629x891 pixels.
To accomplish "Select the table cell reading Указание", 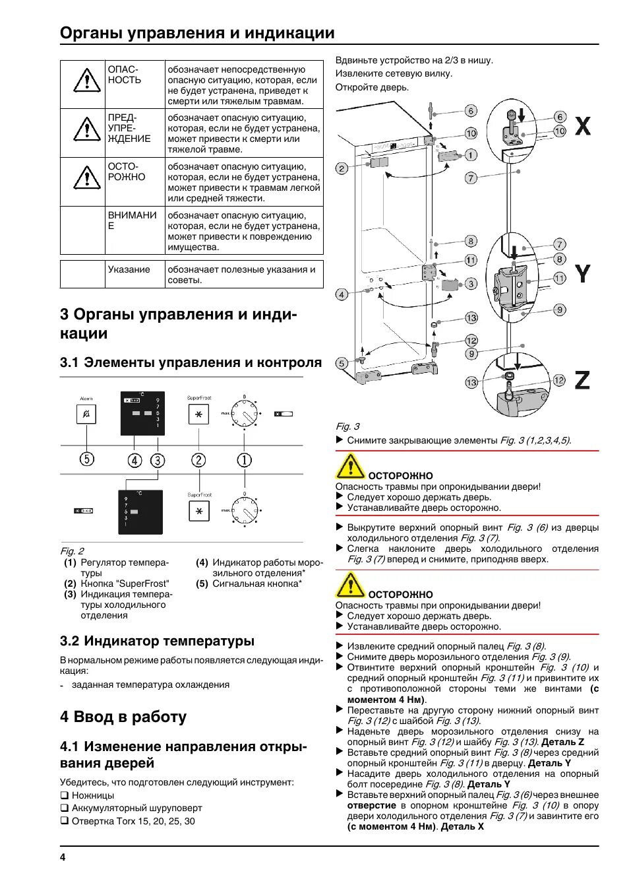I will click(129, 269).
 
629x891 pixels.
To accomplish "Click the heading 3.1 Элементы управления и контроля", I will click(191, 362).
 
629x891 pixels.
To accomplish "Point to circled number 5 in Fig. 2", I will click(87, 459).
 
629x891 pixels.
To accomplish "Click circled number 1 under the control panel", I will click(244, 460).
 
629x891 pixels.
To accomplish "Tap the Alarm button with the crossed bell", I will click(87, 414).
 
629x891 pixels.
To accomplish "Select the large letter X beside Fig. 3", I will click(583, 126).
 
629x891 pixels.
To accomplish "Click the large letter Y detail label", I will click(583, 273).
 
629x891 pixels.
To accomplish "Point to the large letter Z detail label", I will click(582, 380).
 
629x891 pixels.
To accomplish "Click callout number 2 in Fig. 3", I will click(342, 168).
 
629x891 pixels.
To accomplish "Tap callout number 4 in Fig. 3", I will click(342, 294).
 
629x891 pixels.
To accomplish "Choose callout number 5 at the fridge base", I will click(342, 363).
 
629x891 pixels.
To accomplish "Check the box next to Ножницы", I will click(65, 795).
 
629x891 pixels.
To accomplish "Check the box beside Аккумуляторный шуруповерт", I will click(65, 808).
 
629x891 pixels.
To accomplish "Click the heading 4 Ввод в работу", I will click(123, 717).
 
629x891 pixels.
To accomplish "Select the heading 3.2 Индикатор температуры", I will click(157, 641).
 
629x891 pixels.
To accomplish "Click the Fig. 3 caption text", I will click(347, 426).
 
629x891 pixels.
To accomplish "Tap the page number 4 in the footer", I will click(63, 857).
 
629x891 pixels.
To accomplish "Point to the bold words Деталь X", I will click(462, 826).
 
